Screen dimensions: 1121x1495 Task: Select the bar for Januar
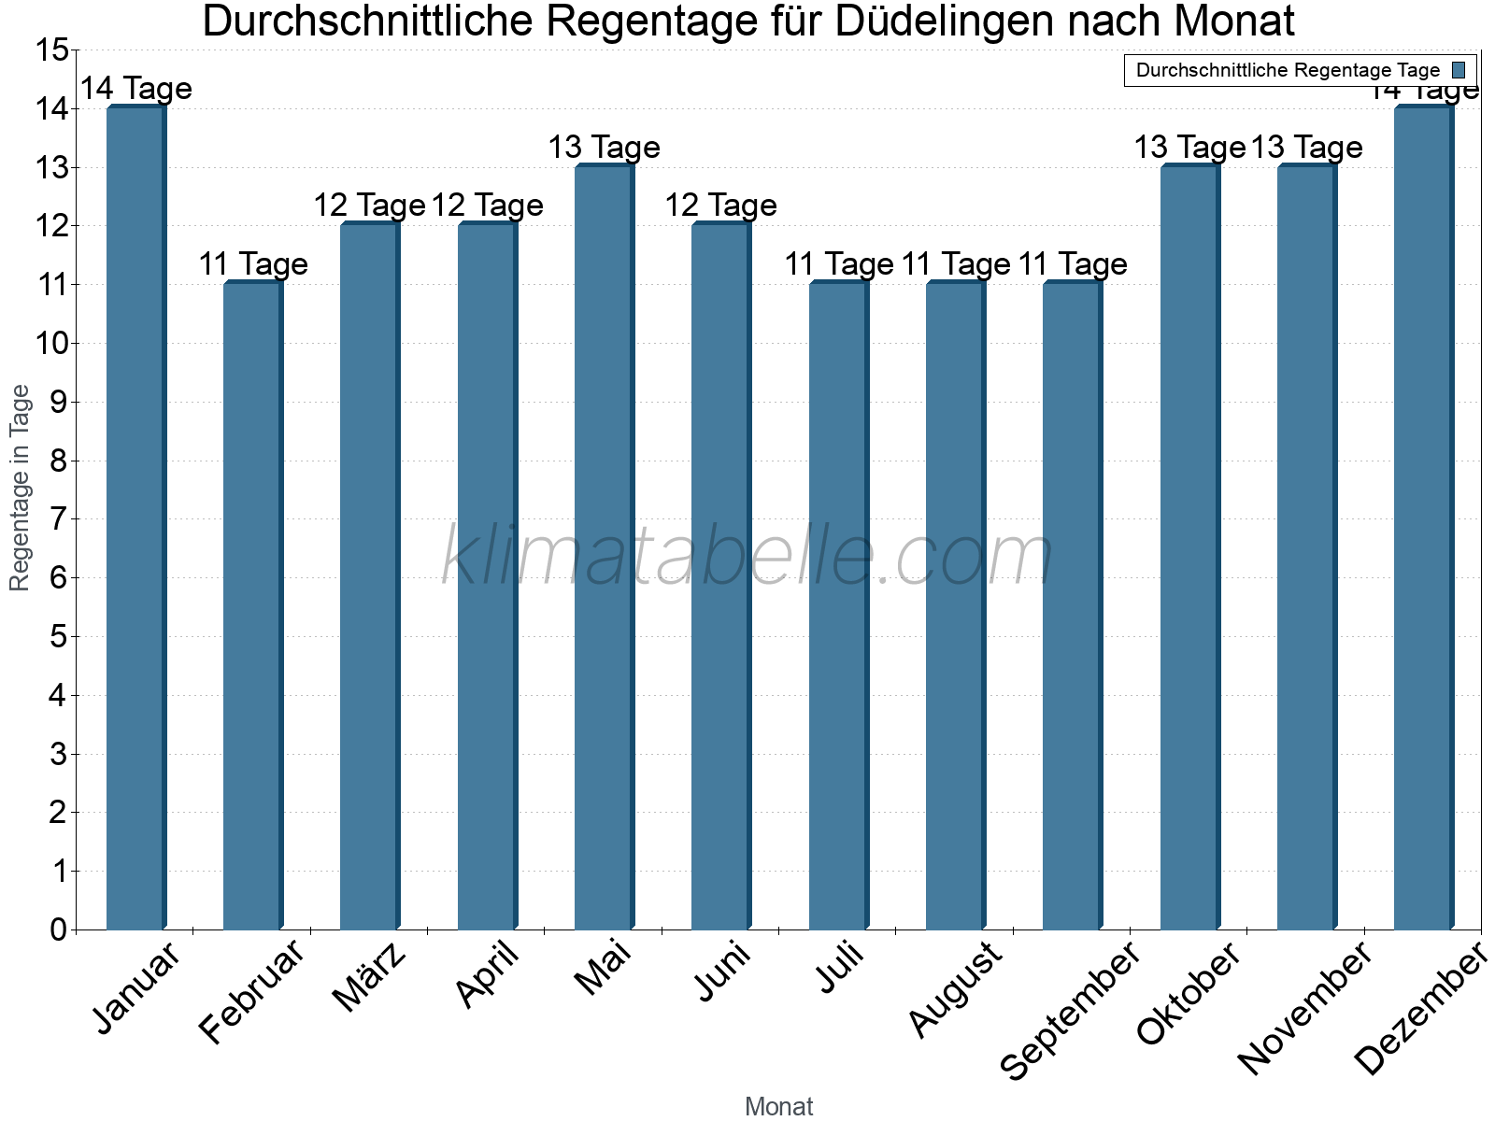[135, 518]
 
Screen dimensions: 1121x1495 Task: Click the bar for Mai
[604, 547]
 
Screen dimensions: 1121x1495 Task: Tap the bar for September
[1072, 606]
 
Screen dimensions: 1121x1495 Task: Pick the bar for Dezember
[1423, 518]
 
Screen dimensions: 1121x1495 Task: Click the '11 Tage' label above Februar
[253, 264]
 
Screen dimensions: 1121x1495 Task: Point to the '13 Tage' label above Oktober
[1189, 148]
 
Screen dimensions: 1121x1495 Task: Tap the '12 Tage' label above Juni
[720, 206]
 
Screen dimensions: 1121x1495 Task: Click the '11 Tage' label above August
[956, 264]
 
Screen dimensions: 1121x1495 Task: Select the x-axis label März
[370, 977]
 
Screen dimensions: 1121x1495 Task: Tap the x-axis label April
[488, 975]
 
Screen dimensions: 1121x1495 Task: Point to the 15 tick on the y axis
[52, 50]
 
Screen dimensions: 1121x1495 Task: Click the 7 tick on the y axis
[59, 519]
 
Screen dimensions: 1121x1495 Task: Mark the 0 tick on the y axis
[59, 929]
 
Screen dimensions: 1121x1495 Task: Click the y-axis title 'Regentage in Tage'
[20, 488]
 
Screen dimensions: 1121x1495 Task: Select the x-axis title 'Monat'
[778, 1107]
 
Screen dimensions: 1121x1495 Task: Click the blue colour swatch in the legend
[1459, 70]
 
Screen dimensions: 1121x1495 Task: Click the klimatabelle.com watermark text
[747, 556]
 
